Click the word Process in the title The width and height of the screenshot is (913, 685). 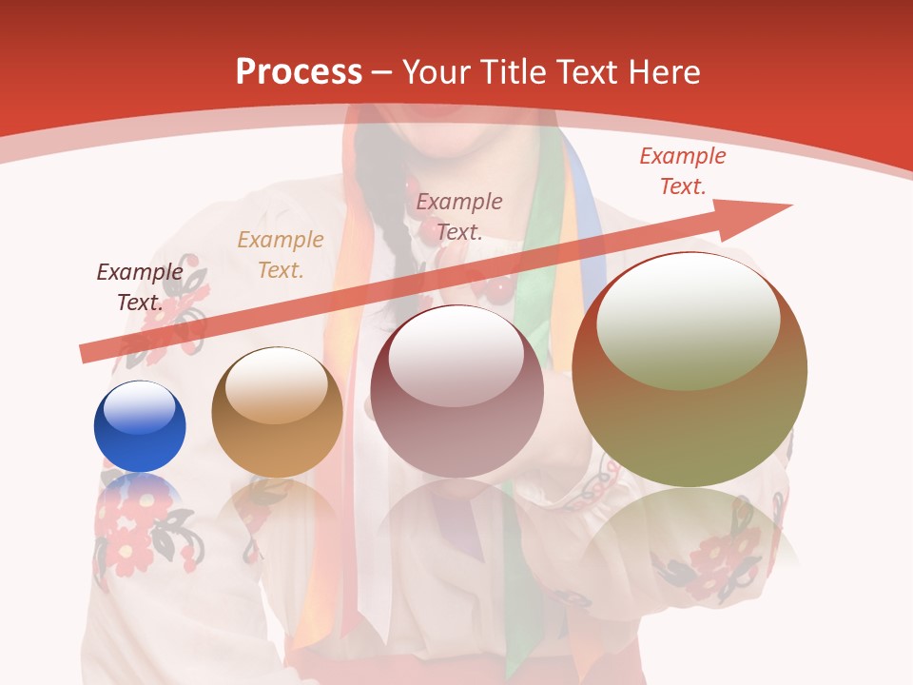[x=299, y=72]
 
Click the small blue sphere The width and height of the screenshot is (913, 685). [x=140, y=427]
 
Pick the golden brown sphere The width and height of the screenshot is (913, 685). [x=277, y=414]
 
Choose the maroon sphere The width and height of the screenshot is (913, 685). [x=457, y=392]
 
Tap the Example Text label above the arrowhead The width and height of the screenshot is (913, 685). [x=683, y=171]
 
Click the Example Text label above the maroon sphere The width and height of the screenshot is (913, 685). [x=459, y=216]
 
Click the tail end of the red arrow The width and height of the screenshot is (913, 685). [x=87, y=354]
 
